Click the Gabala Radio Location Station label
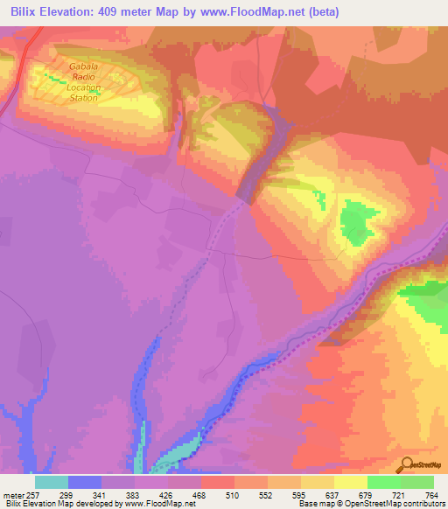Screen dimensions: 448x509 tap(85, 82)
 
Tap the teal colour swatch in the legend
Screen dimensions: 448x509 tap(52, 481)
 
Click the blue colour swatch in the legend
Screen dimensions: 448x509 tap(85, 481)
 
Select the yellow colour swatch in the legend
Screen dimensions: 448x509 tap(350, 481)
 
